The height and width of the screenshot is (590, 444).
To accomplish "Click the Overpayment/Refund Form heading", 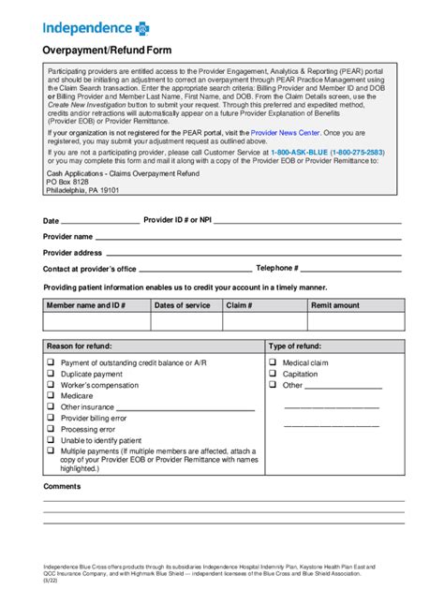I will (x=105, y=51).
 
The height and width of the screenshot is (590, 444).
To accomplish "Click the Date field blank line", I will (x=101, y=222).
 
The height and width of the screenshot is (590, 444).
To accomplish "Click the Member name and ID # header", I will (x=86, y=305).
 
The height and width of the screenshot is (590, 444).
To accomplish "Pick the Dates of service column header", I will (x=183, y=305).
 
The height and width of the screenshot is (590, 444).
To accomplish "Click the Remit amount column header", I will (x=335, y=305).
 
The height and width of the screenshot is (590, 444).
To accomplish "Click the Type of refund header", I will (x=296, y=346).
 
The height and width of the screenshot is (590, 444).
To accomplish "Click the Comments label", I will (x=62, y=486).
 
